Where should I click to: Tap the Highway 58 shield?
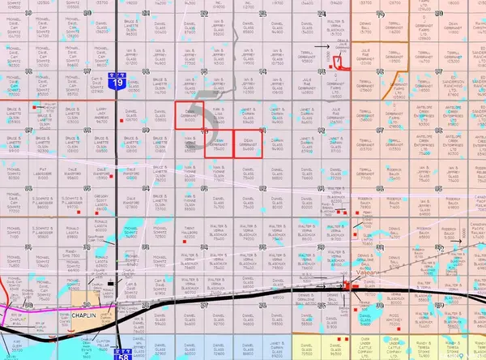click(122, 353)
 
